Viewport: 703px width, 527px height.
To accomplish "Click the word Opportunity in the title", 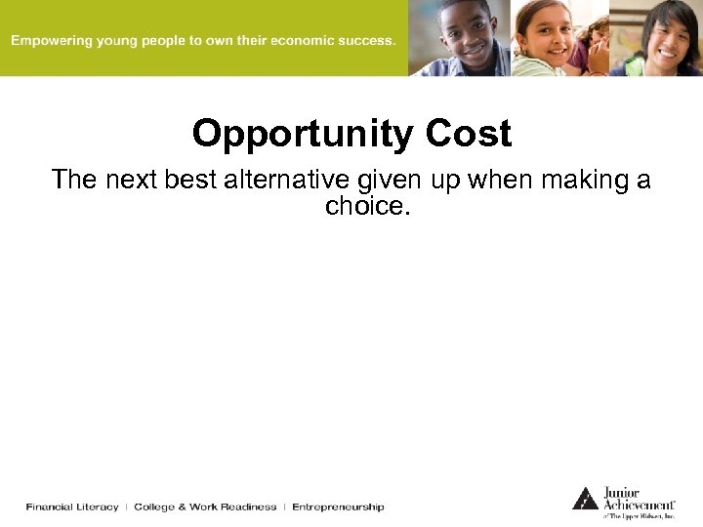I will click(x=306, y=134).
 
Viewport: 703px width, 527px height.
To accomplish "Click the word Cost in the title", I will click(x=470, y=134).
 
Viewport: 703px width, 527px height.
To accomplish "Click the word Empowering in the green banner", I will click(x=52, y=41).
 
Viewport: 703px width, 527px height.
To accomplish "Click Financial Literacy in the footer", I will click(x=72, y=507).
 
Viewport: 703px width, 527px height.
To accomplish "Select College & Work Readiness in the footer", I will click(x=205, y=507).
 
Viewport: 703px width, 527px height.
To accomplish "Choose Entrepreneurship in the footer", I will click(x=338, y=507).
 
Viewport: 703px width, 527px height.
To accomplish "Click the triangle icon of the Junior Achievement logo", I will click(x=584, y=498).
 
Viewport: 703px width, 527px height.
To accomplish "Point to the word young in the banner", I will click(x=121, y=41).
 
